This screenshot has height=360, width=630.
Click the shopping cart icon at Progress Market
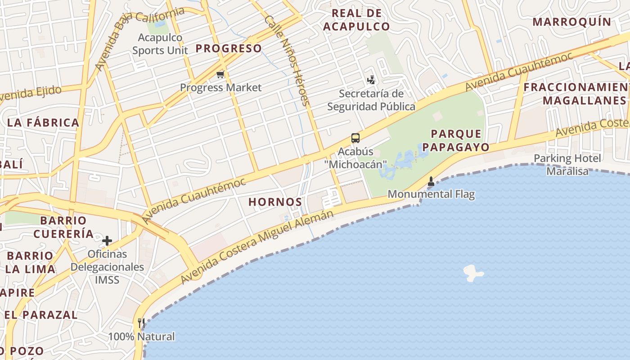[x=220, y=74]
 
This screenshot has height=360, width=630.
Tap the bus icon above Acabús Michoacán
[x=355, y=138]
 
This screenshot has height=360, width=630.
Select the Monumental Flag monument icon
[x=431, y=182]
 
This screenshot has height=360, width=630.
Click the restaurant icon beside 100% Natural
[x=141, y=323]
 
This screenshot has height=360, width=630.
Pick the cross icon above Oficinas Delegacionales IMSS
[x=107, y=241]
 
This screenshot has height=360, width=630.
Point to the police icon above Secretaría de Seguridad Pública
[x=371, y=81]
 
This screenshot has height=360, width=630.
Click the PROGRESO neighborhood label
[x=229, y=49]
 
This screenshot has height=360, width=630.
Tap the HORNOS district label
[x=275, y=202]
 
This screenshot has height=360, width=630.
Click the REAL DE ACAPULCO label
[x=356, y=20]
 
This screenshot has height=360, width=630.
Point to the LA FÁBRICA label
[x=43, y=122]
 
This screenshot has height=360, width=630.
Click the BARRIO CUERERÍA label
[x=63, y=227]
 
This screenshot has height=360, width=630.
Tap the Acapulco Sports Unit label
[x=160, y=44]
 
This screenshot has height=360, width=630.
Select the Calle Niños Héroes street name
[x=288, y=61]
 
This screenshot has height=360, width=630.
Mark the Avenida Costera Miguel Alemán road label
[x=257, y=247]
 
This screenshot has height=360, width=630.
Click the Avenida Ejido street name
[x=31, y=94]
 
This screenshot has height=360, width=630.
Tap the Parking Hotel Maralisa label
[x=567, y=165]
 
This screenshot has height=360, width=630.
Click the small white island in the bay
[x=472, y=273]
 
